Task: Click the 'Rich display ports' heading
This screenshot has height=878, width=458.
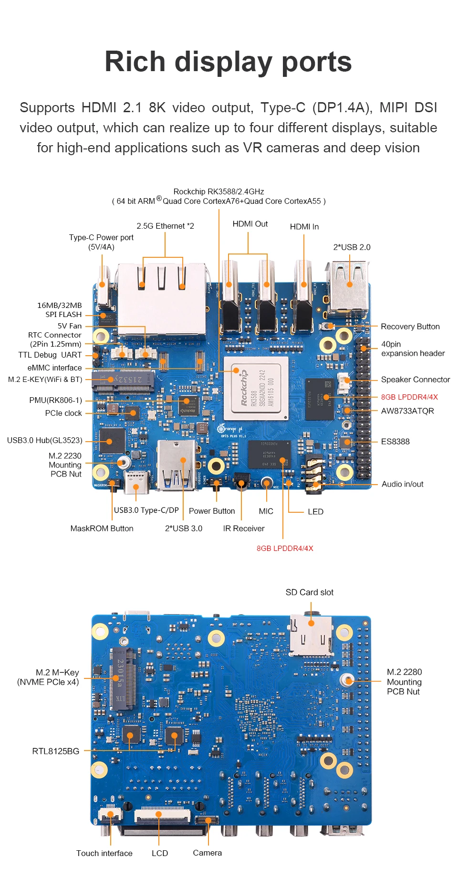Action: (228, 62)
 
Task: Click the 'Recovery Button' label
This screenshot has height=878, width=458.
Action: (410, 327)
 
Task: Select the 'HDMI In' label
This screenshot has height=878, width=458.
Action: (304, 227)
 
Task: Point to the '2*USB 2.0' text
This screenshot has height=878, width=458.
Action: (352, 247)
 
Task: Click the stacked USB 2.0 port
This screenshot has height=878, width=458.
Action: (347, 286)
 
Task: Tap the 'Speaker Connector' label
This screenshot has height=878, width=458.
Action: (415, 380)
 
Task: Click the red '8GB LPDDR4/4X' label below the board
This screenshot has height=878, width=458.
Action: (285, 548)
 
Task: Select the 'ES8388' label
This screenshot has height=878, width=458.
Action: (395, 442)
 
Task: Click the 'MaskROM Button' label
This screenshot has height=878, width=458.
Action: (102, 529)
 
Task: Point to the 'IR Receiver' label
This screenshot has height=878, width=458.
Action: (243, 529)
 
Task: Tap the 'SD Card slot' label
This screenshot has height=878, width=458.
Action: (309, 592)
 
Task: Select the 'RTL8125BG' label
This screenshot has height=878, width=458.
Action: (55, 751)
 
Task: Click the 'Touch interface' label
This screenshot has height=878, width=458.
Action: (104, 853)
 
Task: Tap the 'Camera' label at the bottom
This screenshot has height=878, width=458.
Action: (207, 853)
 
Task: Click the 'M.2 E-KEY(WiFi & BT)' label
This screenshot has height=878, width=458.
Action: (45, 380)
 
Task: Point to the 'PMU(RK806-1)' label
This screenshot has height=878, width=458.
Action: (55, 400)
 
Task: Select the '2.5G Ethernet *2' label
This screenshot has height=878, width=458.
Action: (165, 226)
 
